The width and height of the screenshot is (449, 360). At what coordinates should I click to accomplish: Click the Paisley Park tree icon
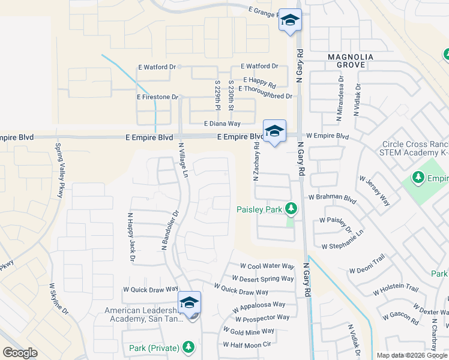(291, 209)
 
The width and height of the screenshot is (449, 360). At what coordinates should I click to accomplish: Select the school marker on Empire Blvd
(274, 131)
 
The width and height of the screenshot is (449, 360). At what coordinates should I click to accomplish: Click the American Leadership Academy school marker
(189, 303)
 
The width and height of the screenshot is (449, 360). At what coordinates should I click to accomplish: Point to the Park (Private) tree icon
(188, 347)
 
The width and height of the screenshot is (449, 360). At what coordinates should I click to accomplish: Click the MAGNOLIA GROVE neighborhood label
(351, 57)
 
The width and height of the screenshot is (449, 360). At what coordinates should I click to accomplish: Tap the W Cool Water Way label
(267, 266)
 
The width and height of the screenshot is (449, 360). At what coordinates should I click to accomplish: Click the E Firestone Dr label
(158, 97)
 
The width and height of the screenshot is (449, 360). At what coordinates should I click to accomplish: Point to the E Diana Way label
(221, 124)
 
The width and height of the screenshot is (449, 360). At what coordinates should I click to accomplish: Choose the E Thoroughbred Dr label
(265, 96)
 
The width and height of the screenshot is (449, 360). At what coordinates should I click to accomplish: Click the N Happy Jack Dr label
(130, 238)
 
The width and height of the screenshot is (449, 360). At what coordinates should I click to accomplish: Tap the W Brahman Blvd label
(333, 197)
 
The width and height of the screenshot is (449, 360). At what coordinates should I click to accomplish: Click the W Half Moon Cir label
(247, 344)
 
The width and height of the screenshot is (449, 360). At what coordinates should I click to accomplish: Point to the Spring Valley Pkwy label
(59, 170)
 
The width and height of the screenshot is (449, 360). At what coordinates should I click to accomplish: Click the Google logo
(20, 353)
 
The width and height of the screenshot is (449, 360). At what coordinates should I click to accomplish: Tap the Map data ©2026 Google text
(411, 355)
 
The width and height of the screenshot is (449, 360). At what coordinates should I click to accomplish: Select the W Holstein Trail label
(396, 289)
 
